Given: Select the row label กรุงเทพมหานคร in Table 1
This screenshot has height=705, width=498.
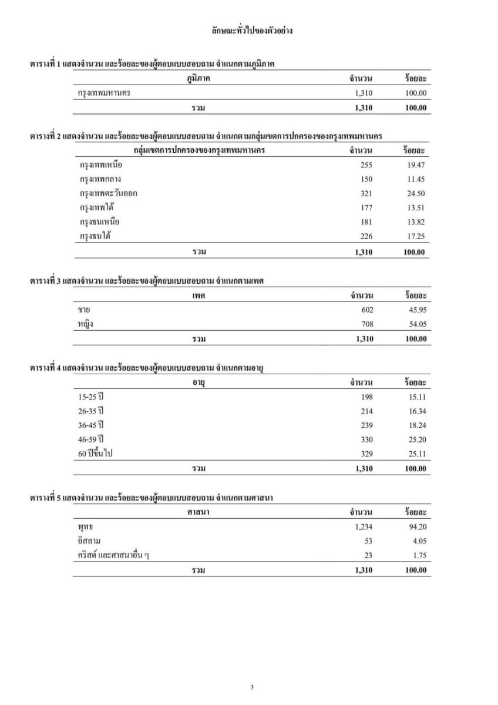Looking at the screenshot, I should pos(105,93).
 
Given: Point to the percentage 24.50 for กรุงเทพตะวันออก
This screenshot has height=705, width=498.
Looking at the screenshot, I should pos(417,194).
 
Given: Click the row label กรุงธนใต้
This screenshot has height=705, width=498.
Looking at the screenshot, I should pos(96,237).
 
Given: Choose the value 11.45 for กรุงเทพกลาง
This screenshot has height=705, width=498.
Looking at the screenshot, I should pos(417,179).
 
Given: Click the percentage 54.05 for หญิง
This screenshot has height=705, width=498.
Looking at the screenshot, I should pos(417,324).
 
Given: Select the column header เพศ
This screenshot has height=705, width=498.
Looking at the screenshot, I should pos(198,296).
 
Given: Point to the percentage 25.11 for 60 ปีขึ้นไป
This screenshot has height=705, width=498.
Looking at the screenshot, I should pos(417,454).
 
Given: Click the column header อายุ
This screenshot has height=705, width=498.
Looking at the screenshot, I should pos(198,382).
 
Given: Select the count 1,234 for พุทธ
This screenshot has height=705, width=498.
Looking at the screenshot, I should pos(364,527).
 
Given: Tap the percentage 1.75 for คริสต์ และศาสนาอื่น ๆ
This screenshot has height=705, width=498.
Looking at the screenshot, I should pos(419,556).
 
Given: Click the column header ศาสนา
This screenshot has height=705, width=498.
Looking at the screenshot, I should pos(198,513).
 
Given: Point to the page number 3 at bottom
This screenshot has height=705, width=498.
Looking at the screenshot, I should pos(252,687).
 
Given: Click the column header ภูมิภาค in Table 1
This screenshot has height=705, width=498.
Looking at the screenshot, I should pos(198,78).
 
